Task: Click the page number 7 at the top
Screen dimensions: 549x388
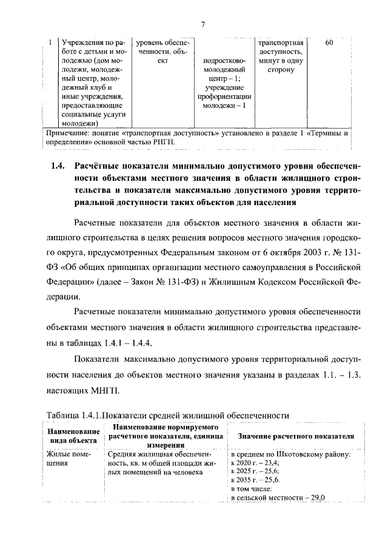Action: tap(204, 24)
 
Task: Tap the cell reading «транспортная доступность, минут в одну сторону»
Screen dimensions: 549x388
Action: tap(280, 56)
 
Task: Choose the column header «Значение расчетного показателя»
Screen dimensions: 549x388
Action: tap(296, 436)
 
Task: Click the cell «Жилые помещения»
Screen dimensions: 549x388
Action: tap(69, 458)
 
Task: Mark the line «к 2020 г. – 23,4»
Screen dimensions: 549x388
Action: tap(255, 462)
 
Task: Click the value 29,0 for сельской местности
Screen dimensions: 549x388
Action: tap(316, 497)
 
